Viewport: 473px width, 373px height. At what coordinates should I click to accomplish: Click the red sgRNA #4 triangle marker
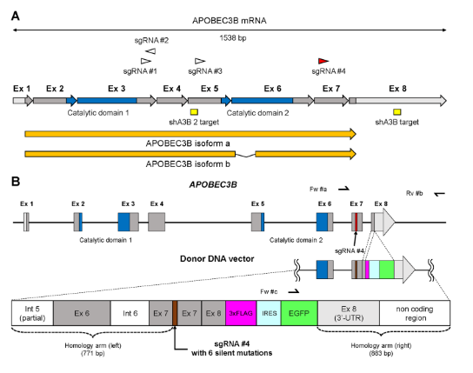(x=323, y=61)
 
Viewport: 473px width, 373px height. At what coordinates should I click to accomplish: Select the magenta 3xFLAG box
(x=241, y=313)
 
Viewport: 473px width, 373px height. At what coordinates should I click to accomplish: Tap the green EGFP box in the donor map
(x=299, y=313)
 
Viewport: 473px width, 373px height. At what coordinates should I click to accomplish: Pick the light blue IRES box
(x=269, y=313)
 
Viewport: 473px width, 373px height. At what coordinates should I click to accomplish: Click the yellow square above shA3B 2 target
(x=194, y=112)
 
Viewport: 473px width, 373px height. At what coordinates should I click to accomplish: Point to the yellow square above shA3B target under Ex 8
(x=397, y=112)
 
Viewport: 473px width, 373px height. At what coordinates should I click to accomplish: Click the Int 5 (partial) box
(x=32, y=313)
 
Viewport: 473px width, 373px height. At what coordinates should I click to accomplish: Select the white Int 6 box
(x=130, y=313)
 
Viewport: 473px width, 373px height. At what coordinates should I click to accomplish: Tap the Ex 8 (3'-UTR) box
(x=349, y=313)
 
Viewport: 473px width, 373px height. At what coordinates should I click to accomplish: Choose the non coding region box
(x=415, y=313)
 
